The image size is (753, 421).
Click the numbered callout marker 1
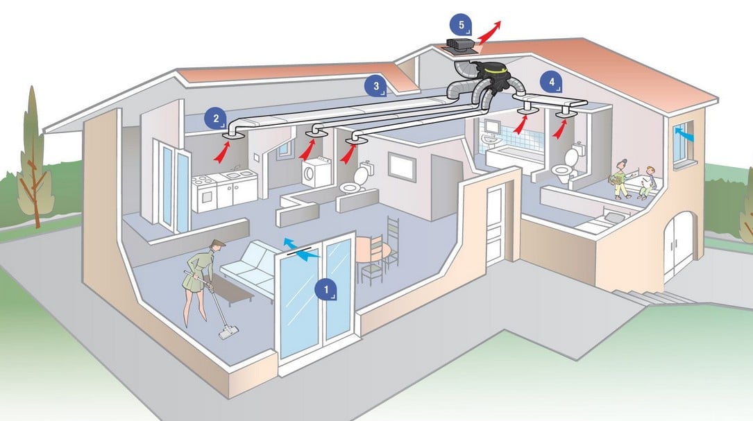[x=326, y=289]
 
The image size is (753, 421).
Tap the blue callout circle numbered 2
[x=216, y=118]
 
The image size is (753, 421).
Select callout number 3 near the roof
[x=376, y=86]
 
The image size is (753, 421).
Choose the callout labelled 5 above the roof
[x=461, y=25]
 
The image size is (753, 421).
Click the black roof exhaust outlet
[x=459, y=44]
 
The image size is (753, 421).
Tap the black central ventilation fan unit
[x=492, y=77]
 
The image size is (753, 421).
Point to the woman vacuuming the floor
[x=201, y=282]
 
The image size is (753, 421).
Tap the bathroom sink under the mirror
[x=490, y=139]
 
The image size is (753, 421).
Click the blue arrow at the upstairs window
[x=684, y=133]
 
